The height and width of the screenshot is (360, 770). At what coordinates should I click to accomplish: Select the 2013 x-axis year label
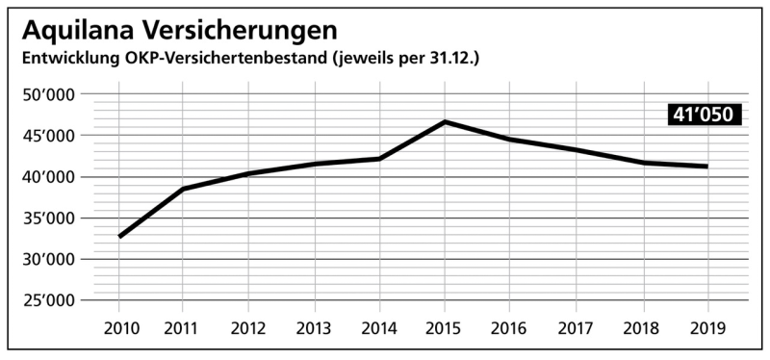click(x=315, y=328)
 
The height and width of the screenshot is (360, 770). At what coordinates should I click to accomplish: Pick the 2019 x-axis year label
click(x=707, y=328)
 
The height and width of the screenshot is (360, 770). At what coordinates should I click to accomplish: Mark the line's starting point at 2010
click(x=119, y=236)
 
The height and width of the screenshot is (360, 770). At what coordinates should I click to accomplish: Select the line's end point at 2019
click(x=707, y=167)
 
